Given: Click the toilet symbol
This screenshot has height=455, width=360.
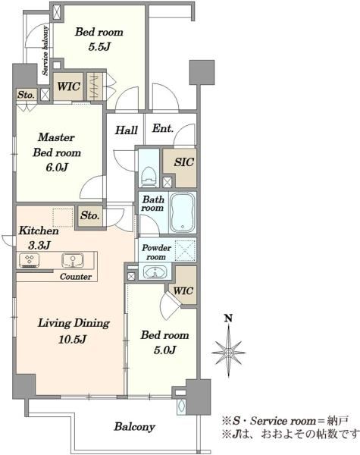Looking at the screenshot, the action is point(149,177).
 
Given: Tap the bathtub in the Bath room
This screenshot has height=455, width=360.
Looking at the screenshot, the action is point(182,212).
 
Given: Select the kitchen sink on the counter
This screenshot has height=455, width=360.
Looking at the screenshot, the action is point(73,260).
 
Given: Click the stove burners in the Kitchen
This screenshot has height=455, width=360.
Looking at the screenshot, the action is point(30,260).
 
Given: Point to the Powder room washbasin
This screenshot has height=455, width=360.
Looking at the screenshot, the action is point(155,273).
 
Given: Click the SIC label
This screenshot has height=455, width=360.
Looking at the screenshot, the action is point(184,162).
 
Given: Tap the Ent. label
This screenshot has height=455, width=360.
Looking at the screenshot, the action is point(163,128).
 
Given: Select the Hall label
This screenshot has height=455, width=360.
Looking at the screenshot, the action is point(126,130).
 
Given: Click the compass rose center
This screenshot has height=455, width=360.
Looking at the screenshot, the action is point(229,353).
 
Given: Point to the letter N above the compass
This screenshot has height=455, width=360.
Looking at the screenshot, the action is point(229,318).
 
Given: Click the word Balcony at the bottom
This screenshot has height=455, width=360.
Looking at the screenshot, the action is point(135,427).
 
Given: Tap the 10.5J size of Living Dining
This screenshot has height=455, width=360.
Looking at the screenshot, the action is point(72,339).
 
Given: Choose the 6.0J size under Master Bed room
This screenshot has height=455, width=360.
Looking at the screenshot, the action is point(57,168).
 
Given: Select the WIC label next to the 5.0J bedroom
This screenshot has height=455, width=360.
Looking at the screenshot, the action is point(183,290).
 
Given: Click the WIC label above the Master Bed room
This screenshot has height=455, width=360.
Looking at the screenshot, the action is point(68,86).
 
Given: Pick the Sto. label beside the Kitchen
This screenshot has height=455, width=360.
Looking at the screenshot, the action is point(90,215).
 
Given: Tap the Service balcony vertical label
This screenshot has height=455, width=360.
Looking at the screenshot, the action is point(45,51).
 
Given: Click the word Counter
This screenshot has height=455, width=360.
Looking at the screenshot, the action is point(76,277).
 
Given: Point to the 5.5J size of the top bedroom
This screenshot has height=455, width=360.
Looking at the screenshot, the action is point(99,47).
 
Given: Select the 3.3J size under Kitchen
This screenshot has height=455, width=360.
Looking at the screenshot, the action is point(39,246).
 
